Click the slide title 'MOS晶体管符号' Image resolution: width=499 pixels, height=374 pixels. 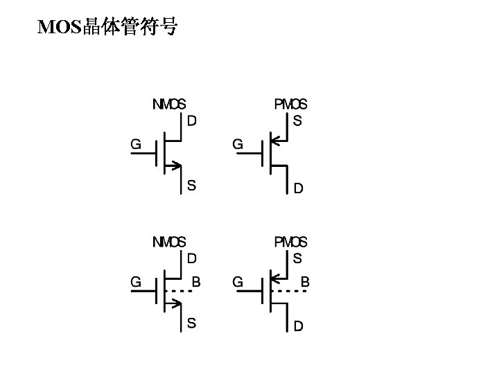107,27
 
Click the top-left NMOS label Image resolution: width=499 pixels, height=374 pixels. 169,105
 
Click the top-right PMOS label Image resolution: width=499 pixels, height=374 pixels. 290,105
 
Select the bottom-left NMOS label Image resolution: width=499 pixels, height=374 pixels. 169,242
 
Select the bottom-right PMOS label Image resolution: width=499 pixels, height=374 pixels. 290,242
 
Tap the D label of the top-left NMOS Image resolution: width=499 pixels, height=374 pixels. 192,121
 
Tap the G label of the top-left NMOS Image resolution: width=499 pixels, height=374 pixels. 137,145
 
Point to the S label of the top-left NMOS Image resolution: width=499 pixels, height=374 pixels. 191,185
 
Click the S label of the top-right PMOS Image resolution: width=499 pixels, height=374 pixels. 297,121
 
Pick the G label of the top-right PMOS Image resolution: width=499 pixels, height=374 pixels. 237,145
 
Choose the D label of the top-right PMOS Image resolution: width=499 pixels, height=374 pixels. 298,188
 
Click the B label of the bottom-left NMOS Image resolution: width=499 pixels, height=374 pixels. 196,282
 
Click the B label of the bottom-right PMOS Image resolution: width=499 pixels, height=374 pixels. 305,282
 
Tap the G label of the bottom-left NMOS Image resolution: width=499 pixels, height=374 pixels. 137,282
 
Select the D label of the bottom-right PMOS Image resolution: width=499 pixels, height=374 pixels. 298,326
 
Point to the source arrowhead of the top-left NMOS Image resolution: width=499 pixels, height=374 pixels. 177,166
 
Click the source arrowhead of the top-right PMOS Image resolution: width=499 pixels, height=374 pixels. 274,141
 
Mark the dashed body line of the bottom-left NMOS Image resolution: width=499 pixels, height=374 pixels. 180,291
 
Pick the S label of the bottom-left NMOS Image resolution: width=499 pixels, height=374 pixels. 191,323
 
